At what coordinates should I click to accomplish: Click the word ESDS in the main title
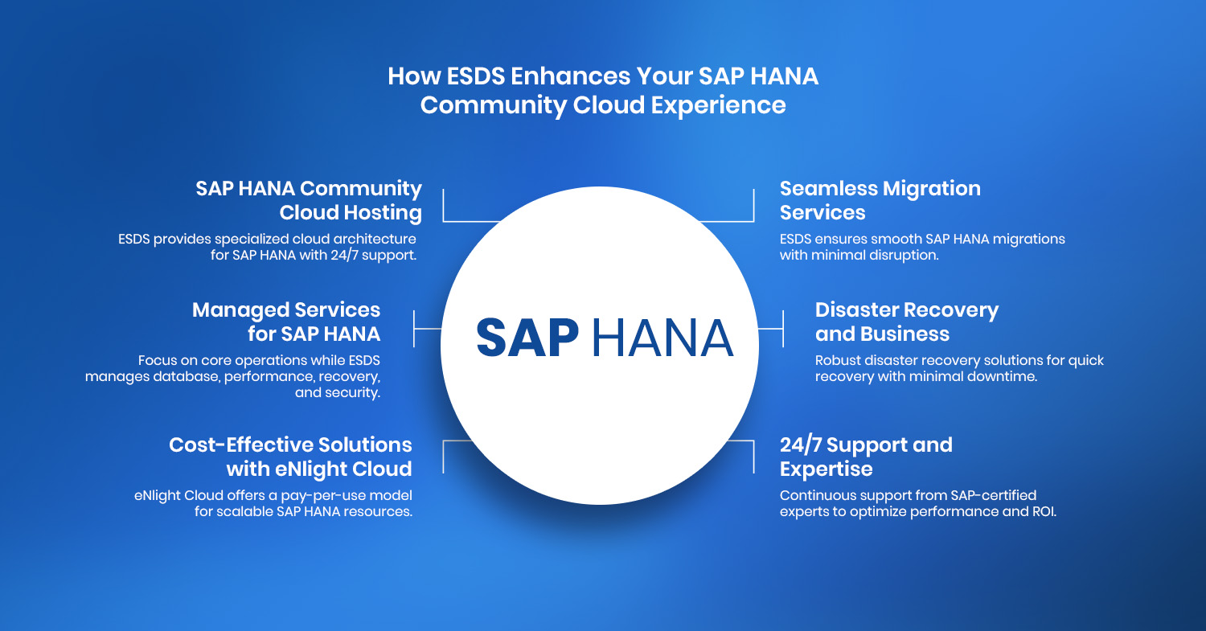[476, 76]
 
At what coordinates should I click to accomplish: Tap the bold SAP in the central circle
[527, 338]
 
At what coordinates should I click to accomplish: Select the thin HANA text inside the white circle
[662, 338]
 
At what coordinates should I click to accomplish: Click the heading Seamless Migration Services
[880, 200]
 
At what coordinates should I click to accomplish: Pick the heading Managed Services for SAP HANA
[286, 322]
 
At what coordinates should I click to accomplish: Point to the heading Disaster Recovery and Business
[907, 322]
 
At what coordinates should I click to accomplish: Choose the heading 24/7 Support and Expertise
[866, 457]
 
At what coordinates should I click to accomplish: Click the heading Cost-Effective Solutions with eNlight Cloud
[291, 457]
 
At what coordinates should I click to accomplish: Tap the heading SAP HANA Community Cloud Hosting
[309, 200]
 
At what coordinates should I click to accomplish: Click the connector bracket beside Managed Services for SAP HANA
[414, 329]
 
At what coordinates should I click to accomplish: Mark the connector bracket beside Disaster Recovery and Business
[783, 329]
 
